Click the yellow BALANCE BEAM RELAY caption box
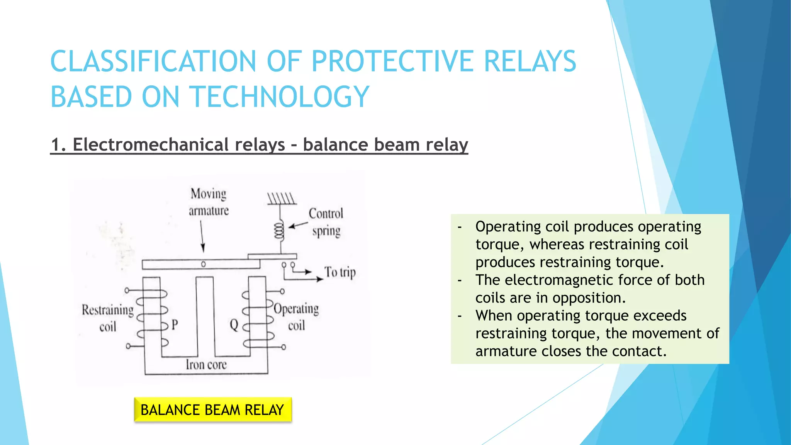pyautogui.click(x=212, y=409)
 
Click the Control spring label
pyautogui.click(x=326, y=222)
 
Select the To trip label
pyautogui.click(x=339, y=272)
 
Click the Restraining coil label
pyautogui.click(x=107, y=318)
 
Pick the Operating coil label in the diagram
pyautogui.click(x=296, y=317)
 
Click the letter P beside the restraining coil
pyautogui.click(x=175, y=325)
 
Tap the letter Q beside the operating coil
pyautogui.click(x=234, y=325)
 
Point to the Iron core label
pyautogui.click(x=206, y=364)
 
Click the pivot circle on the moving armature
pyautogui.click(x=204, y=264)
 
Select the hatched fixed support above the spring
pyautogui.click(x=282, y=199)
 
